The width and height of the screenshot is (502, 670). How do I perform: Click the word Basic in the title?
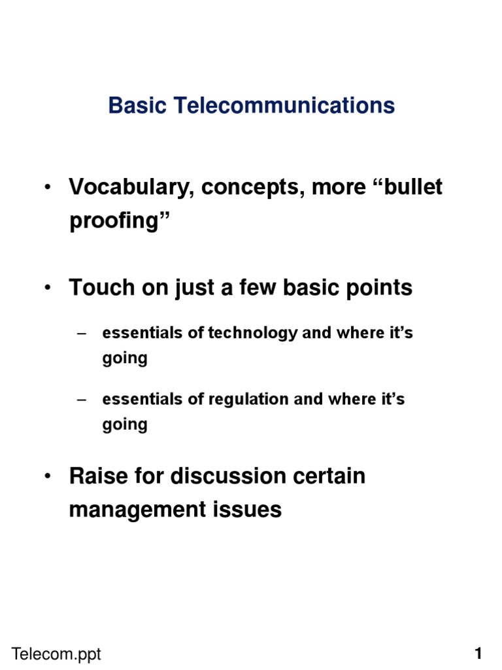point(137,105)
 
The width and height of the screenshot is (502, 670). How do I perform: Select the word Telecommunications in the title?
point(284,105)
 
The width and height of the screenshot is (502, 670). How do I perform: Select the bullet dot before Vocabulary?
point(47,187)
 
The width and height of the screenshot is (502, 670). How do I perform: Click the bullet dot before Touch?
point(47,288)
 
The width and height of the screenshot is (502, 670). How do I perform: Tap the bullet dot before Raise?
point(47,476)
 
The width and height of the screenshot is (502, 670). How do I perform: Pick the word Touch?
point(102,288)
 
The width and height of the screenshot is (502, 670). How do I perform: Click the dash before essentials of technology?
point(82,334)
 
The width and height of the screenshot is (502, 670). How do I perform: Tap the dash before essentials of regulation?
point(82,400)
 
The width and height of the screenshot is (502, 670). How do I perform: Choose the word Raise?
point(99,476)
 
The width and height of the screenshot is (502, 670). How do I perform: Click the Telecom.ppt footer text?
point(56,654)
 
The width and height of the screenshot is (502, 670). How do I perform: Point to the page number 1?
point(478,654)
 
